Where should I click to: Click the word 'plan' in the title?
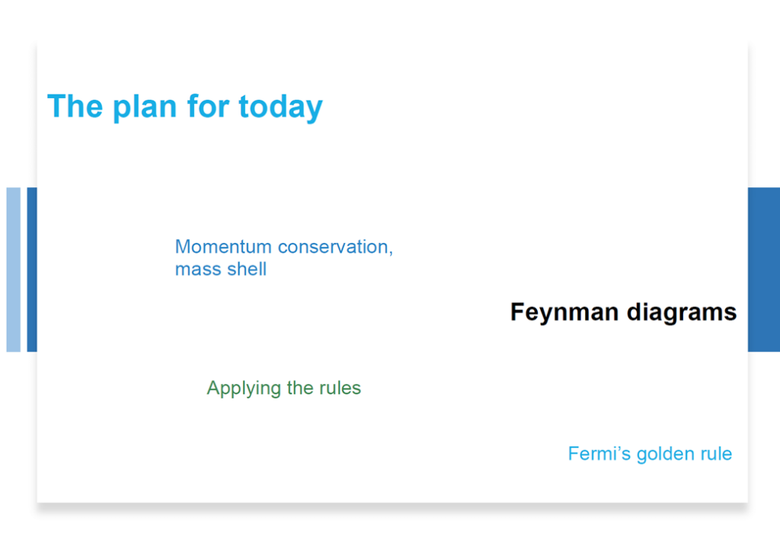[145, 107]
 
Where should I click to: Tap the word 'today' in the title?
[280, 107]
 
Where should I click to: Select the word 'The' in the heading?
[75, 106]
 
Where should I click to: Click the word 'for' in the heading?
[208, 106]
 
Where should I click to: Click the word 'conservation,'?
[335, 247]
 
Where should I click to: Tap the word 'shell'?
[246, 269]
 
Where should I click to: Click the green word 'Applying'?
[245, 388]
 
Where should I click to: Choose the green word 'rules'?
[340, 388]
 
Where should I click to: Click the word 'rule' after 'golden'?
[716, 453]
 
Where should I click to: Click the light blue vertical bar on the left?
[14, 270]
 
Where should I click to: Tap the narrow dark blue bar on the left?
[32, 270]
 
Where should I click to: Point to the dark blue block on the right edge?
[763, 270]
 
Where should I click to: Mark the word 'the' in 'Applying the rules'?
[300, 388]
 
